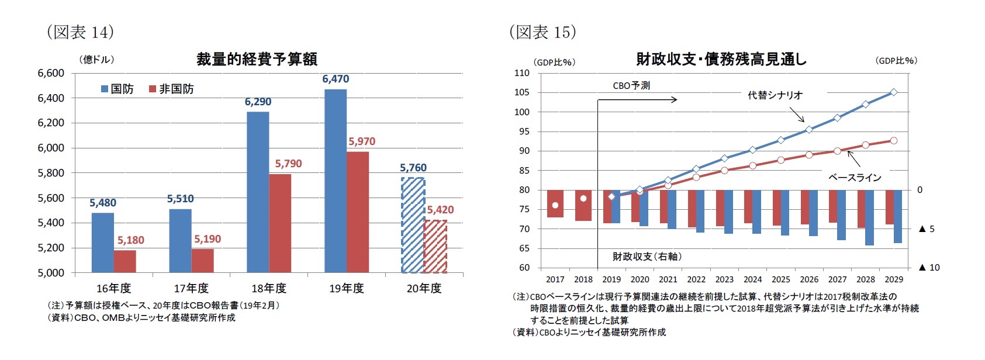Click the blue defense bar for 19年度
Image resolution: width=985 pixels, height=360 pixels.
335,181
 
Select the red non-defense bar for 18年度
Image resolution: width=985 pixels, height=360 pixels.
280,223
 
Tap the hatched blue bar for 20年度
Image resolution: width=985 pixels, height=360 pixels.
413,225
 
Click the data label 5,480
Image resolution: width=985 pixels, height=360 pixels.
103,203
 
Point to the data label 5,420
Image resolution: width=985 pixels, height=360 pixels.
440,210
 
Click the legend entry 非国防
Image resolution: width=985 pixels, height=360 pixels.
171,89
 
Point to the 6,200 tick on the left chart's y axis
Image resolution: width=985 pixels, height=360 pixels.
51,123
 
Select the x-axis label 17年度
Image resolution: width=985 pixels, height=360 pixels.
191,288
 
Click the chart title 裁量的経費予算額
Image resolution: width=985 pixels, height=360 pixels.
257,59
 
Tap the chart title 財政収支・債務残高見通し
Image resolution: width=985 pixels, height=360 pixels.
721,59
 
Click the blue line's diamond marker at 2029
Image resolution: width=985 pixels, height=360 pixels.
894,92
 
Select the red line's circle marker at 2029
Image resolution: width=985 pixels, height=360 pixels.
894,140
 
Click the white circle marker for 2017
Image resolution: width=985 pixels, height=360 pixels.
555,205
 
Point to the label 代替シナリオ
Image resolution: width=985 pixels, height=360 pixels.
775,95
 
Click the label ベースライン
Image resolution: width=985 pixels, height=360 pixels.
855,178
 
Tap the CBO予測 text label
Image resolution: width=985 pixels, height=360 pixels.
631,85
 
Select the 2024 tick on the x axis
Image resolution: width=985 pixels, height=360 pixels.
752,279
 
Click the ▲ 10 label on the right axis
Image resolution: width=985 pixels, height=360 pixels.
929,268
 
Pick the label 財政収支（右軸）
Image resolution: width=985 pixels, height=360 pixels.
647,257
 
